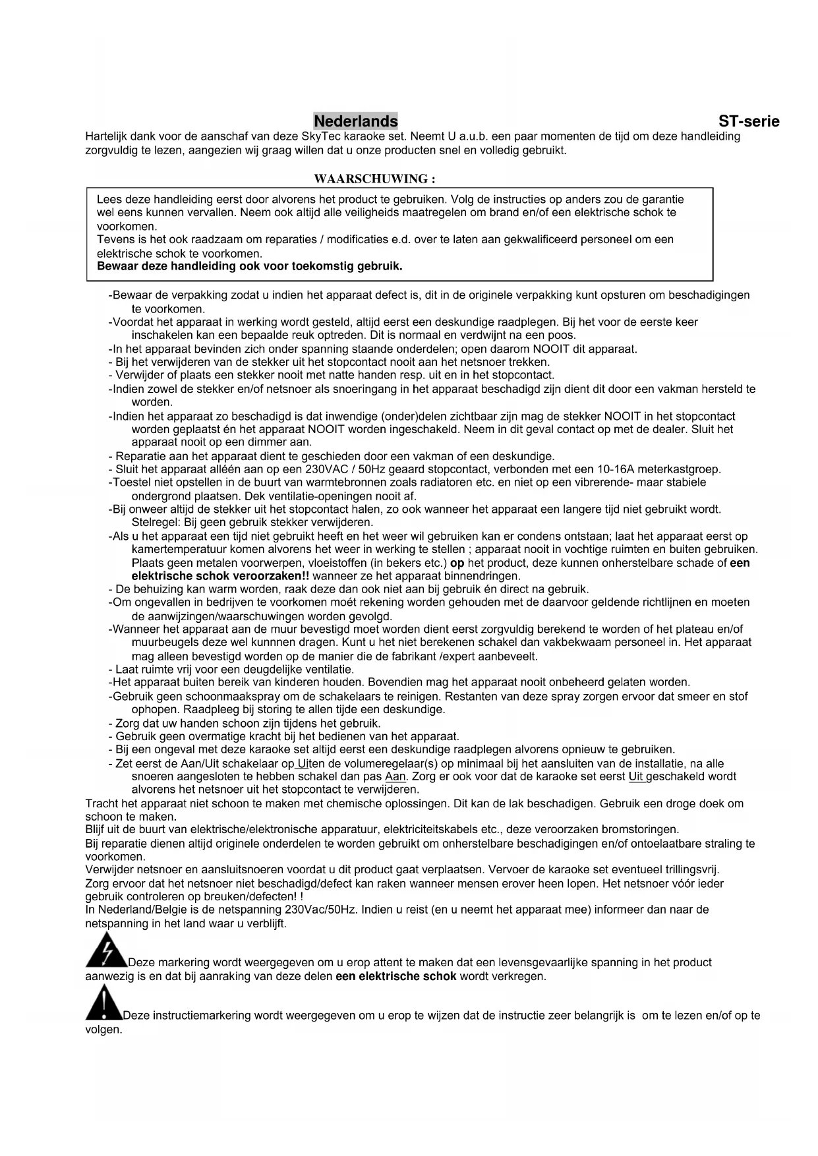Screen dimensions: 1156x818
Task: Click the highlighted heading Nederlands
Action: coord(355,121)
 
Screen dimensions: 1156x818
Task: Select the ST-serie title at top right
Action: coord(749,121)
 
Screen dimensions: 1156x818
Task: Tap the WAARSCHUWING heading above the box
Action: coord(374,179)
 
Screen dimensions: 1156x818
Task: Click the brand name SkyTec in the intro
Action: coord(319,136)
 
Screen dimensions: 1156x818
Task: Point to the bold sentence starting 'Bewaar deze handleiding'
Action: coord(249,266)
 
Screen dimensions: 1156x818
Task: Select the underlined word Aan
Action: coord(395,776)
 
